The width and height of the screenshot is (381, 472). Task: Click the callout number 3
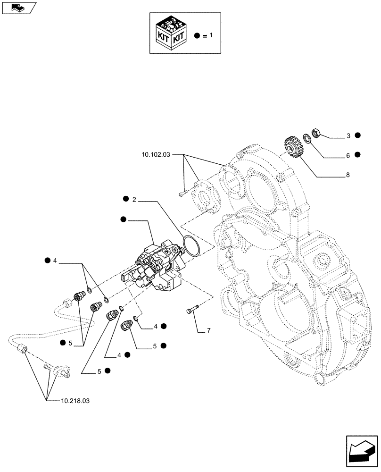pos(348,136)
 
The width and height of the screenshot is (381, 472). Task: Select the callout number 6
pos(348,154)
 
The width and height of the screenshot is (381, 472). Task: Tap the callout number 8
pos(348,175)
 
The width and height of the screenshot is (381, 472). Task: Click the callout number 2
pos(134,200)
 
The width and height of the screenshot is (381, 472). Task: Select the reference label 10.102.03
pos(155,154)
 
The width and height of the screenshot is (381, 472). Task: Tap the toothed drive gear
pos(293,146)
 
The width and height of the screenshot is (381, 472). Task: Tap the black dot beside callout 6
pos(358,154)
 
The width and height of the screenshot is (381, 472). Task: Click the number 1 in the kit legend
pos(210,35)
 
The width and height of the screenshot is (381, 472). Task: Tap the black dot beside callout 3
pos(358,136)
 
